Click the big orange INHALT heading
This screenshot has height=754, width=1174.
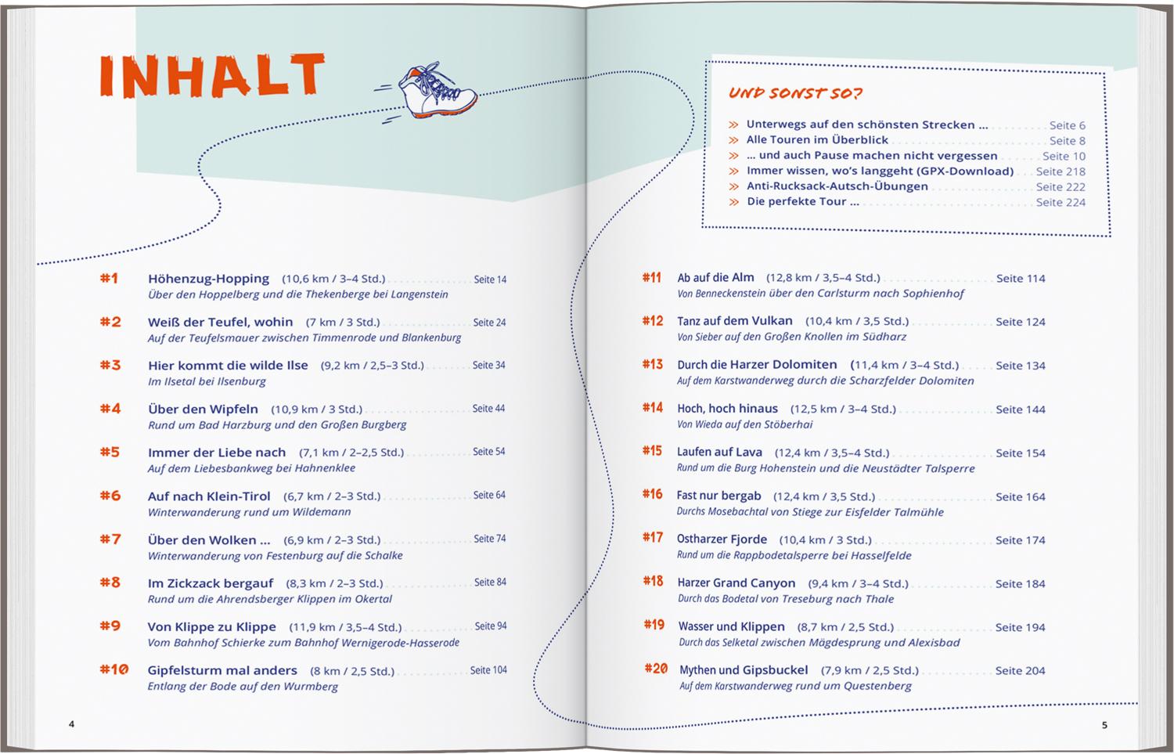211,78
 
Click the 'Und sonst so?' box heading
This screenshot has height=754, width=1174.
795,93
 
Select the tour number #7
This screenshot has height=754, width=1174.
110,539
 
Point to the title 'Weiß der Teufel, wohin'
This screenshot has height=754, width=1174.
220,322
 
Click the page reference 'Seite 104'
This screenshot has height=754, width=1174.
488,670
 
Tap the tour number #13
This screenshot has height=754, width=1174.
652,365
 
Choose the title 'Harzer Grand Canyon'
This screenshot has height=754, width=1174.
736,583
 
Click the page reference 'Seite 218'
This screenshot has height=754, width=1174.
1061,171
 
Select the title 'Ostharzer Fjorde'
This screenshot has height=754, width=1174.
722,539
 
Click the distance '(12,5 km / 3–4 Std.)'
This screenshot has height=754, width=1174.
843,409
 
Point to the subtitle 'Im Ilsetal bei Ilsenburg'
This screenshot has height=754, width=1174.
207,381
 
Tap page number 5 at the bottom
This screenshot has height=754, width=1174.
1104,725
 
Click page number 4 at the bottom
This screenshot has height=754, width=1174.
71,724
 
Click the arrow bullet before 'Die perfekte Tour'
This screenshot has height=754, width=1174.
733,202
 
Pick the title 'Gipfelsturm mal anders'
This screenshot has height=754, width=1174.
222,670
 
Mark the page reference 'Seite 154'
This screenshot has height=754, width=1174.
1020,453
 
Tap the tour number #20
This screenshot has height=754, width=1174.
656,669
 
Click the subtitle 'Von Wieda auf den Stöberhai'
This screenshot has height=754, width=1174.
744,424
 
